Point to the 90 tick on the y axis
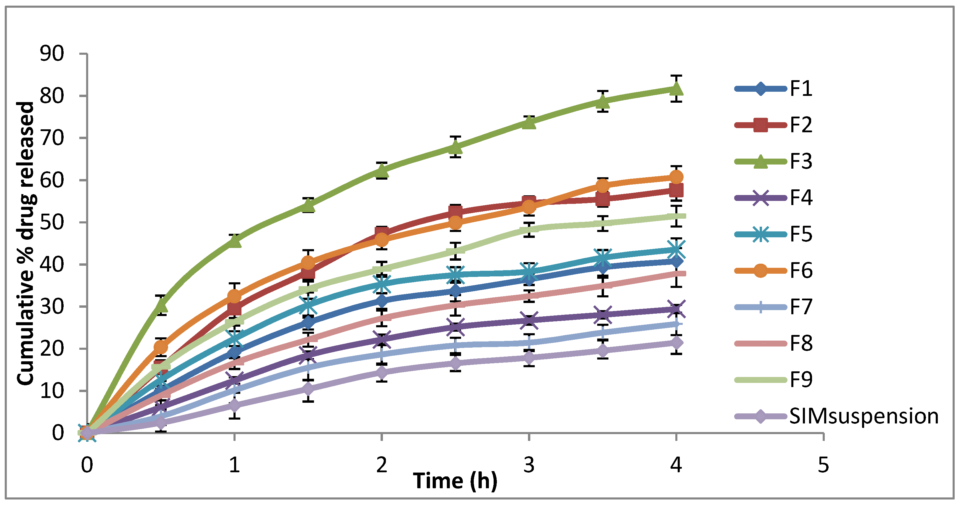click(52, 54)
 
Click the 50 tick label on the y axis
click(52, 223)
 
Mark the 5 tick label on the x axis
click(823, 465)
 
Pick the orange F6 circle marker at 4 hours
click(676, 177)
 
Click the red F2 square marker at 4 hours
click(676, 190)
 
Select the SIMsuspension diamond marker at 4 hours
click(676, 343)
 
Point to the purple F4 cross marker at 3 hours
click(529, 320)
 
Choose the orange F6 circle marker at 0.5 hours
click(161, 347)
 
